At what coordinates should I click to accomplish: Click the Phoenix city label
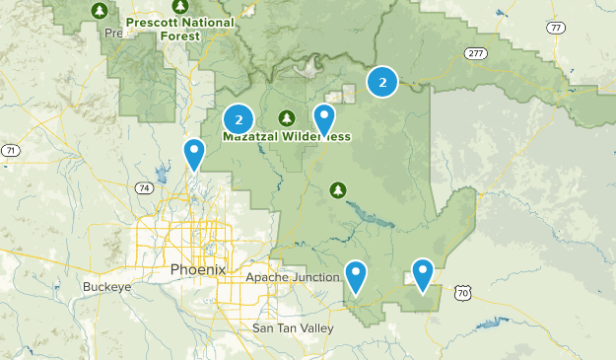point(197,269)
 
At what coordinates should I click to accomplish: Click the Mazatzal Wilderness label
point(286,137)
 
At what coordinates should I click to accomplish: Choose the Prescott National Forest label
point(180,28)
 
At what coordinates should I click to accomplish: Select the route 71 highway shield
point(10,150)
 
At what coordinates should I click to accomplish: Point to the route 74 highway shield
point(145,187)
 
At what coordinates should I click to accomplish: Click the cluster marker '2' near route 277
point(382,82)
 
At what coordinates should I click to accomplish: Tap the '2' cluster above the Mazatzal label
point(239,119)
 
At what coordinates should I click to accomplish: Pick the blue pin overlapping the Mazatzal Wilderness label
point(324,118)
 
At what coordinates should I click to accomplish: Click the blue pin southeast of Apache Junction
point(355,275)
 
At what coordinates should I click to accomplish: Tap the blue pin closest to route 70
point(423,273)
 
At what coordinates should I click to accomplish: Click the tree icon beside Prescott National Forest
point(98,11)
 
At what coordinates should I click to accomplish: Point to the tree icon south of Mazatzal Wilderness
point(338,188)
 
